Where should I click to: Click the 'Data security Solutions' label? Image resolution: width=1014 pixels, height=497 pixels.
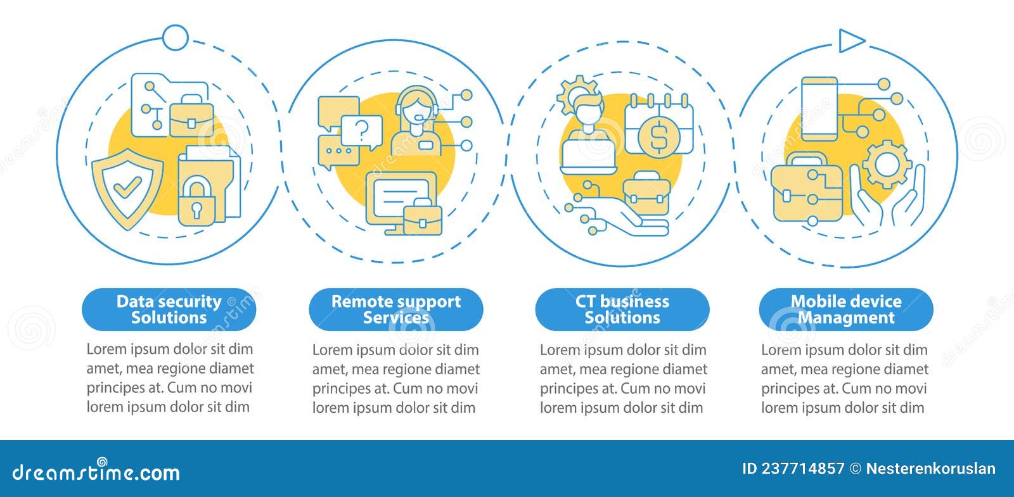pos(169,309)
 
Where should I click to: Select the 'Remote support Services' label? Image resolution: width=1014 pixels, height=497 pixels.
pos(395,309)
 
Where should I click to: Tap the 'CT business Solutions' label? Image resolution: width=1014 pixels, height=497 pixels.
pos(622,309)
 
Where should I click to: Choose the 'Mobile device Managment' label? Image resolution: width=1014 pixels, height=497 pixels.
pos(845,309)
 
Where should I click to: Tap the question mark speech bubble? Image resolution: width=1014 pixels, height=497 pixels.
pos(362,131)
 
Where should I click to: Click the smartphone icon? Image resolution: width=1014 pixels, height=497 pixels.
pos(819,109)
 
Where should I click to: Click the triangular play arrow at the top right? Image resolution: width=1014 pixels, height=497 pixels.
pos(850,41)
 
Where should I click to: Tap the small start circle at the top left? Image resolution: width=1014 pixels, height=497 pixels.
pos(175,37)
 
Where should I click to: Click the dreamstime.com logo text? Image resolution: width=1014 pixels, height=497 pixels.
pos(96,472)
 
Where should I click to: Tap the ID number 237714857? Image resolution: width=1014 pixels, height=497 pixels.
pos(793,469)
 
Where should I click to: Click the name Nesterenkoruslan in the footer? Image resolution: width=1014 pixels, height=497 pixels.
pos(930,469)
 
